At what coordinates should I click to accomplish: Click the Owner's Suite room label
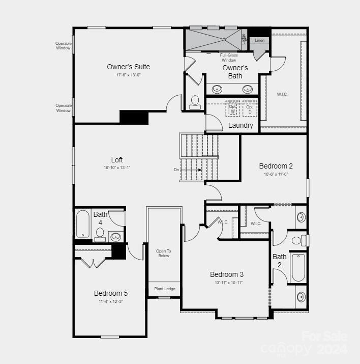pyautogui.click(x=128, y=67)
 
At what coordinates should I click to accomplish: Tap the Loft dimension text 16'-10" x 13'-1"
pyautogui.click(x=117, y=167)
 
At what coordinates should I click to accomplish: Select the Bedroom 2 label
pyautogui.click(x=276, y=166)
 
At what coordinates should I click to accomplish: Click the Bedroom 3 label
pyautogui.click(x=227, y=274)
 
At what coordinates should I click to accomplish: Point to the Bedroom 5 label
pyautogui.click(x=111, y=293)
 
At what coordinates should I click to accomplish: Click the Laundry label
pyautogui.click(x=241, y=125)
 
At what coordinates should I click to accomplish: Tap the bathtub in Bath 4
pyautogui.click(x=82, y=225)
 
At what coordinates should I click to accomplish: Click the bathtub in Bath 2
pyautogui.click(x=298, y=267)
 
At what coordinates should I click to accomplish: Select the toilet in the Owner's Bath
pyautogui.click(x=195, y=102)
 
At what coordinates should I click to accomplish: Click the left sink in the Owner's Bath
pyautogui.click(x=217, y=89)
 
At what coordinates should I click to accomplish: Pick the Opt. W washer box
pyautogui.click(x=233, y=109)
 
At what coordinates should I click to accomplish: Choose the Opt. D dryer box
pyautogui.click(x=250, y=109)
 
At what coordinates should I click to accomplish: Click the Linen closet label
pyautogui.click(x=260, y=40)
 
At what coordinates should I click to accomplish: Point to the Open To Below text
pyautogui.click(x=163, y=253)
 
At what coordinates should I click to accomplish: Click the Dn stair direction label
pyautogui.click(x=176, y=170)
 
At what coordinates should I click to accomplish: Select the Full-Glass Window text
pyautogui.click(x=229, y=58)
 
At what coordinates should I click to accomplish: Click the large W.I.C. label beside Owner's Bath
pyautogui.click(x=282, y=94)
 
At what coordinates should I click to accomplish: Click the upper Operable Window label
pyautogui.click(x=64, y=46)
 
